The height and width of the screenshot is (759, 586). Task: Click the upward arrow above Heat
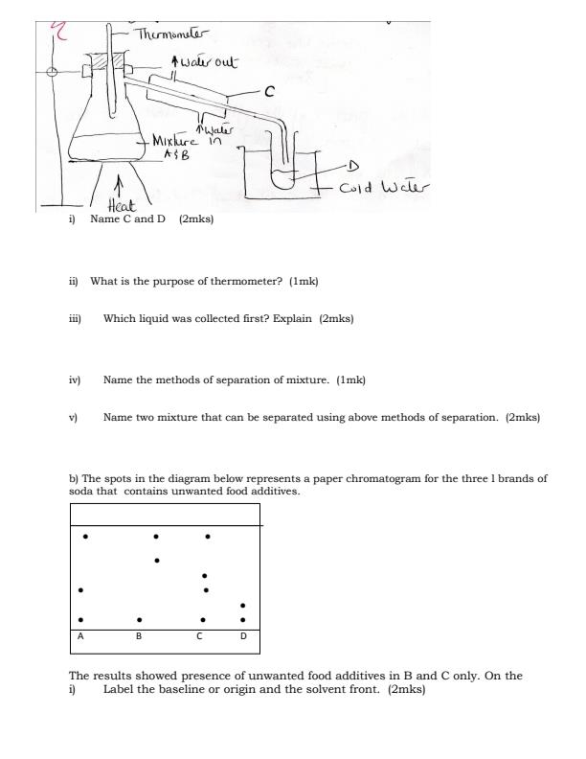click(118, 183)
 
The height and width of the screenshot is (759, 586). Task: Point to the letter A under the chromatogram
click(80, 635)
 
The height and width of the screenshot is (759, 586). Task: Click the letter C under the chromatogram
click(199, 635)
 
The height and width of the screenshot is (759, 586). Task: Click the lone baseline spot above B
click(140, 619)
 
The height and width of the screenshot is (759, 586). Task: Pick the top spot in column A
click(86, 536)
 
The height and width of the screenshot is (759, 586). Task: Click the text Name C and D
click(128, 219)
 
